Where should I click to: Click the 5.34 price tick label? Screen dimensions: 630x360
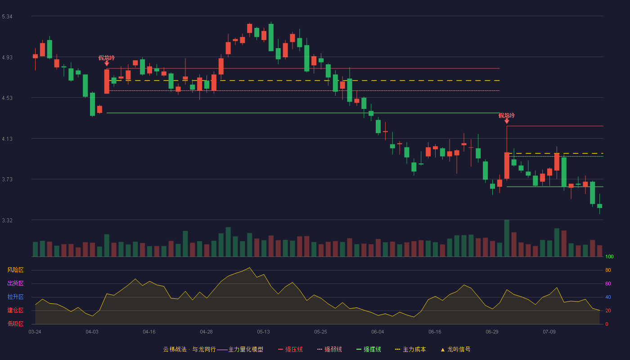7,17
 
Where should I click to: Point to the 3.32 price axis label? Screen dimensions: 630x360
7,220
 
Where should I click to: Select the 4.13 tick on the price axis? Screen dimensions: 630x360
7,139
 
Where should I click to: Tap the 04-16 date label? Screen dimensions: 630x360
149,332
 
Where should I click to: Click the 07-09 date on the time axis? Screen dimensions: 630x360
549,332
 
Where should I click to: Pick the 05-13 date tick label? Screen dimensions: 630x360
263,332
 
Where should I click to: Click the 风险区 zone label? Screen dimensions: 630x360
15,270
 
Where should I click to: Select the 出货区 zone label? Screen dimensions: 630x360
15,283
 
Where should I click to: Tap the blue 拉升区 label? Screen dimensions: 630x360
15,297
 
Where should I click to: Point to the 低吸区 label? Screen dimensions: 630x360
15,324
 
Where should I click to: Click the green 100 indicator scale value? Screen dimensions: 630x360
609,256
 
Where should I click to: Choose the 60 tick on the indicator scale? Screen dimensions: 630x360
608,283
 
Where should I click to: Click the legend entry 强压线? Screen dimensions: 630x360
291,349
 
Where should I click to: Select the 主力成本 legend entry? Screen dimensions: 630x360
410,349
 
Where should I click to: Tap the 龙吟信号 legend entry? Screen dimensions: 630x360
455,349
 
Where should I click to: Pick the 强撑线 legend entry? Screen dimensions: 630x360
369,349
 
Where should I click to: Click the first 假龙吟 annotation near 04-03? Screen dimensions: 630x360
107,58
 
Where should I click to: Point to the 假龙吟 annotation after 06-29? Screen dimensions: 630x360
507,116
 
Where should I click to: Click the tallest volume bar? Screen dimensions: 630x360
507,238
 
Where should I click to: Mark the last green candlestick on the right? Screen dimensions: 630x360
599,206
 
